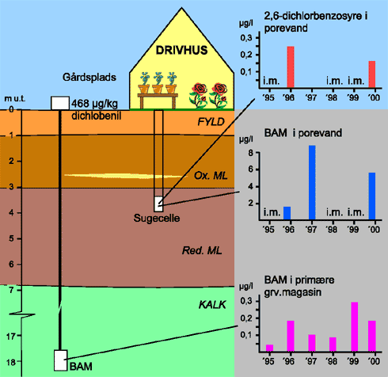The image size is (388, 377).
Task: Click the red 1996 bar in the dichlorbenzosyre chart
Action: [291, 67]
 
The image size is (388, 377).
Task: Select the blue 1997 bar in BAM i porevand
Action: [312, 182]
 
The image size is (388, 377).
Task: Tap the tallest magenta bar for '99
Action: [354, 327]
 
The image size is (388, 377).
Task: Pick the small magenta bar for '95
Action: [269, 348]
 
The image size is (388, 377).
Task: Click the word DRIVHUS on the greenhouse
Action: [181, 50]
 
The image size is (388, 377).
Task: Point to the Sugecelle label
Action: [157, 218]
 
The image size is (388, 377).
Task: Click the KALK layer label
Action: [212, 305]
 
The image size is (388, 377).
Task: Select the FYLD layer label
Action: [211, 122]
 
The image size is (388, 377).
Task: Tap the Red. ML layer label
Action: [202, 250]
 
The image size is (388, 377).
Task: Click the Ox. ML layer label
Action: [211, 176]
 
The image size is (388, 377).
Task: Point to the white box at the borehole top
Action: [60, 103]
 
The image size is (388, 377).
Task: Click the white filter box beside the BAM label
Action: [61, 360]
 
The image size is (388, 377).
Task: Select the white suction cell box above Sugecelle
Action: [158, 204]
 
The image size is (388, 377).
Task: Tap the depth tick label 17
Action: [12, 337]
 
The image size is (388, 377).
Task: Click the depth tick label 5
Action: [11, 238]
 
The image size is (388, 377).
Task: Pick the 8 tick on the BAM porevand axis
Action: [251, 153]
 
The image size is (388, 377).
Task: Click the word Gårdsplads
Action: [89, 78]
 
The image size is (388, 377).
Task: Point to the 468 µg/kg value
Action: [94, 103]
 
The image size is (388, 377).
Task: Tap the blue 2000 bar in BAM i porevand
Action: [372, 196]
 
